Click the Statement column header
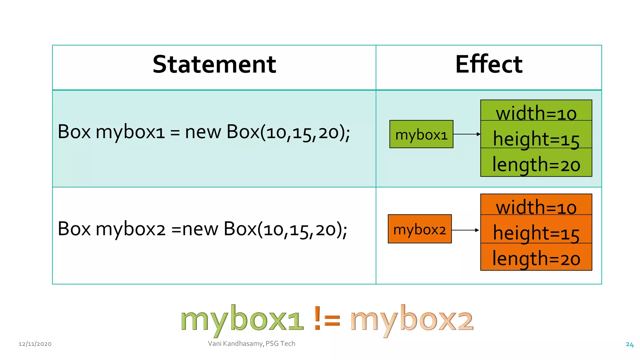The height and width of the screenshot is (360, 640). (x=214, y=64)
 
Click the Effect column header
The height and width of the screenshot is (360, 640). (x=489, y=64)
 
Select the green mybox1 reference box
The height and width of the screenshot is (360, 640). (x=421, y=134)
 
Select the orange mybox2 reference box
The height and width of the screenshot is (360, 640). (x=420, y=229)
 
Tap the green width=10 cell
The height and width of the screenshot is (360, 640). (x=536, y=111)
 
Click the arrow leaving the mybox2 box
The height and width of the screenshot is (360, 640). (x=465, y=230)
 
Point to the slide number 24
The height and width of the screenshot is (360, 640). (x=630, y=344)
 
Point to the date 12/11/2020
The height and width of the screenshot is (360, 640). (x=35, y=344)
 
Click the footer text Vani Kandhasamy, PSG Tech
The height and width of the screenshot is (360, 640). (x=252, y=344)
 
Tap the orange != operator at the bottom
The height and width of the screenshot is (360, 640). (x=327, y=319)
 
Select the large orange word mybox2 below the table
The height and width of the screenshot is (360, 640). (x=412, y=320)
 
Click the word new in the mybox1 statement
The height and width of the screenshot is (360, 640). (x=203, y=132)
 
